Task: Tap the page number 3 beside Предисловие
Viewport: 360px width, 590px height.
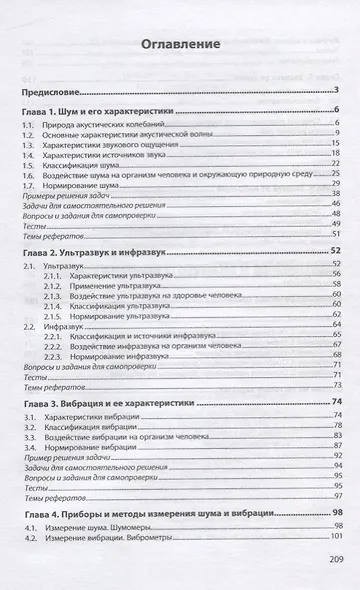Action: click(x=339, y=91)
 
